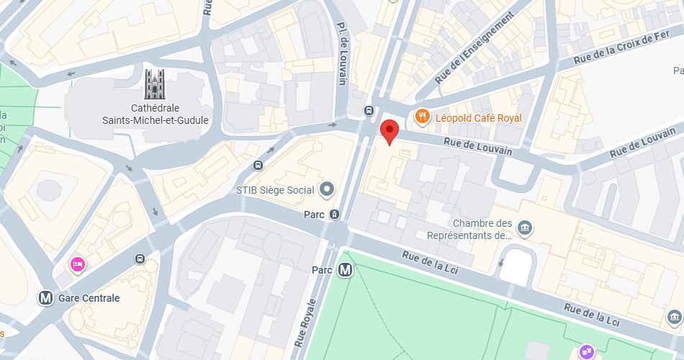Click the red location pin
point(390,131)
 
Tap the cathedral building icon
point(155,84)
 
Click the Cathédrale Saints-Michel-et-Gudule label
point(155,114)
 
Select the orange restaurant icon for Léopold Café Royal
point(423,117)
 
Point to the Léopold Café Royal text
point(478,117)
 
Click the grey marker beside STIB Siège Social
point(328,190)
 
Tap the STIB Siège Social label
point(275,191)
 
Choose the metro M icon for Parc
point(346,271)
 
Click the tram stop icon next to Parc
point(335,214)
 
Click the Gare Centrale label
point(89,297)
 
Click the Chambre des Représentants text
point(469,229)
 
